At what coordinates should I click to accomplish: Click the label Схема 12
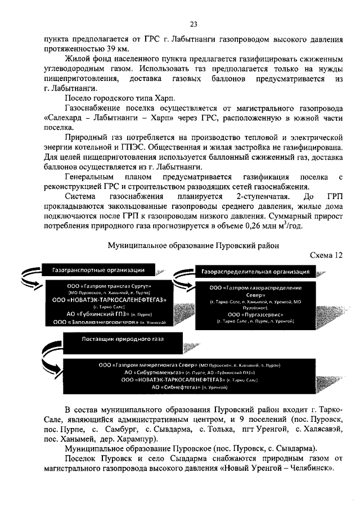(326, 255)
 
